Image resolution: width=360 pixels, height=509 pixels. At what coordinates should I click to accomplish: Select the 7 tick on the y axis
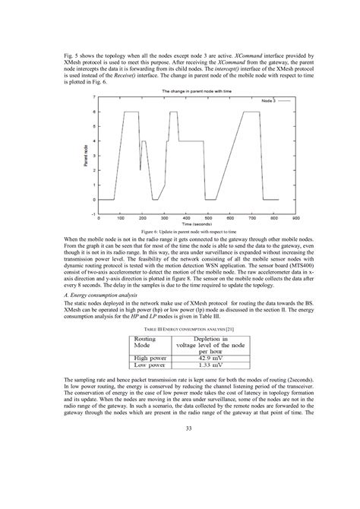(x=94, y=98)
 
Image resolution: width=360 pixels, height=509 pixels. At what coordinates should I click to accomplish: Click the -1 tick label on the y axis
(x=93, y=213)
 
